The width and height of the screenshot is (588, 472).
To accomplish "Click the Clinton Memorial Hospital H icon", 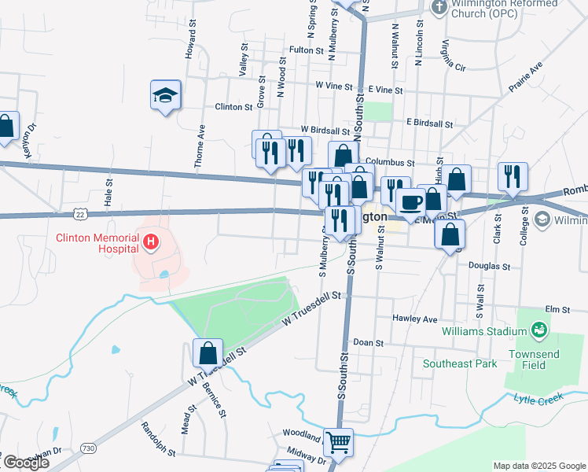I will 149,242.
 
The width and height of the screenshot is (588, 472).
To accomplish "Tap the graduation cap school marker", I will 166,95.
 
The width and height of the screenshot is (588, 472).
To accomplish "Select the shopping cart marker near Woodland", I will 338,442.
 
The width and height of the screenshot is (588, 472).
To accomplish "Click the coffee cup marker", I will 410,202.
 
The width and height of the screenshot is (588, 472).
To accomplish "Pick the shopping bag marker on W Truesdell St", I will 208,354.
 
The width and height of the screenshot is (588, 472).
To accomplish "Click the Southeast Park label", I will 460,363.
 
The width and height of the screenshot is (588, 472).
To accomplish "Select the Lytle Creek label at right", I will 539,401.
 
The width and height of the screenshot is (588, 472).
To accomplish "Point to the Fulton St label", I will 307,50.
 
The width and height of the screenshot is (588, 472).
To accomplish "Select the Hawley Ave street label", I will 419,320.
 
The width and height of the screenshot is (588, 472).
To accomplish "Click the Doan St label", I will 368,343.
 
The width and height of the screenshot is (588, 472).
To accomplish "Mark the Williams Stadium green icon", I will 539,329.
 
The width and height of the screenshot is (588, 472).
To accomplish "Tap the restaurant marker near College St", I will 513,177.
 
